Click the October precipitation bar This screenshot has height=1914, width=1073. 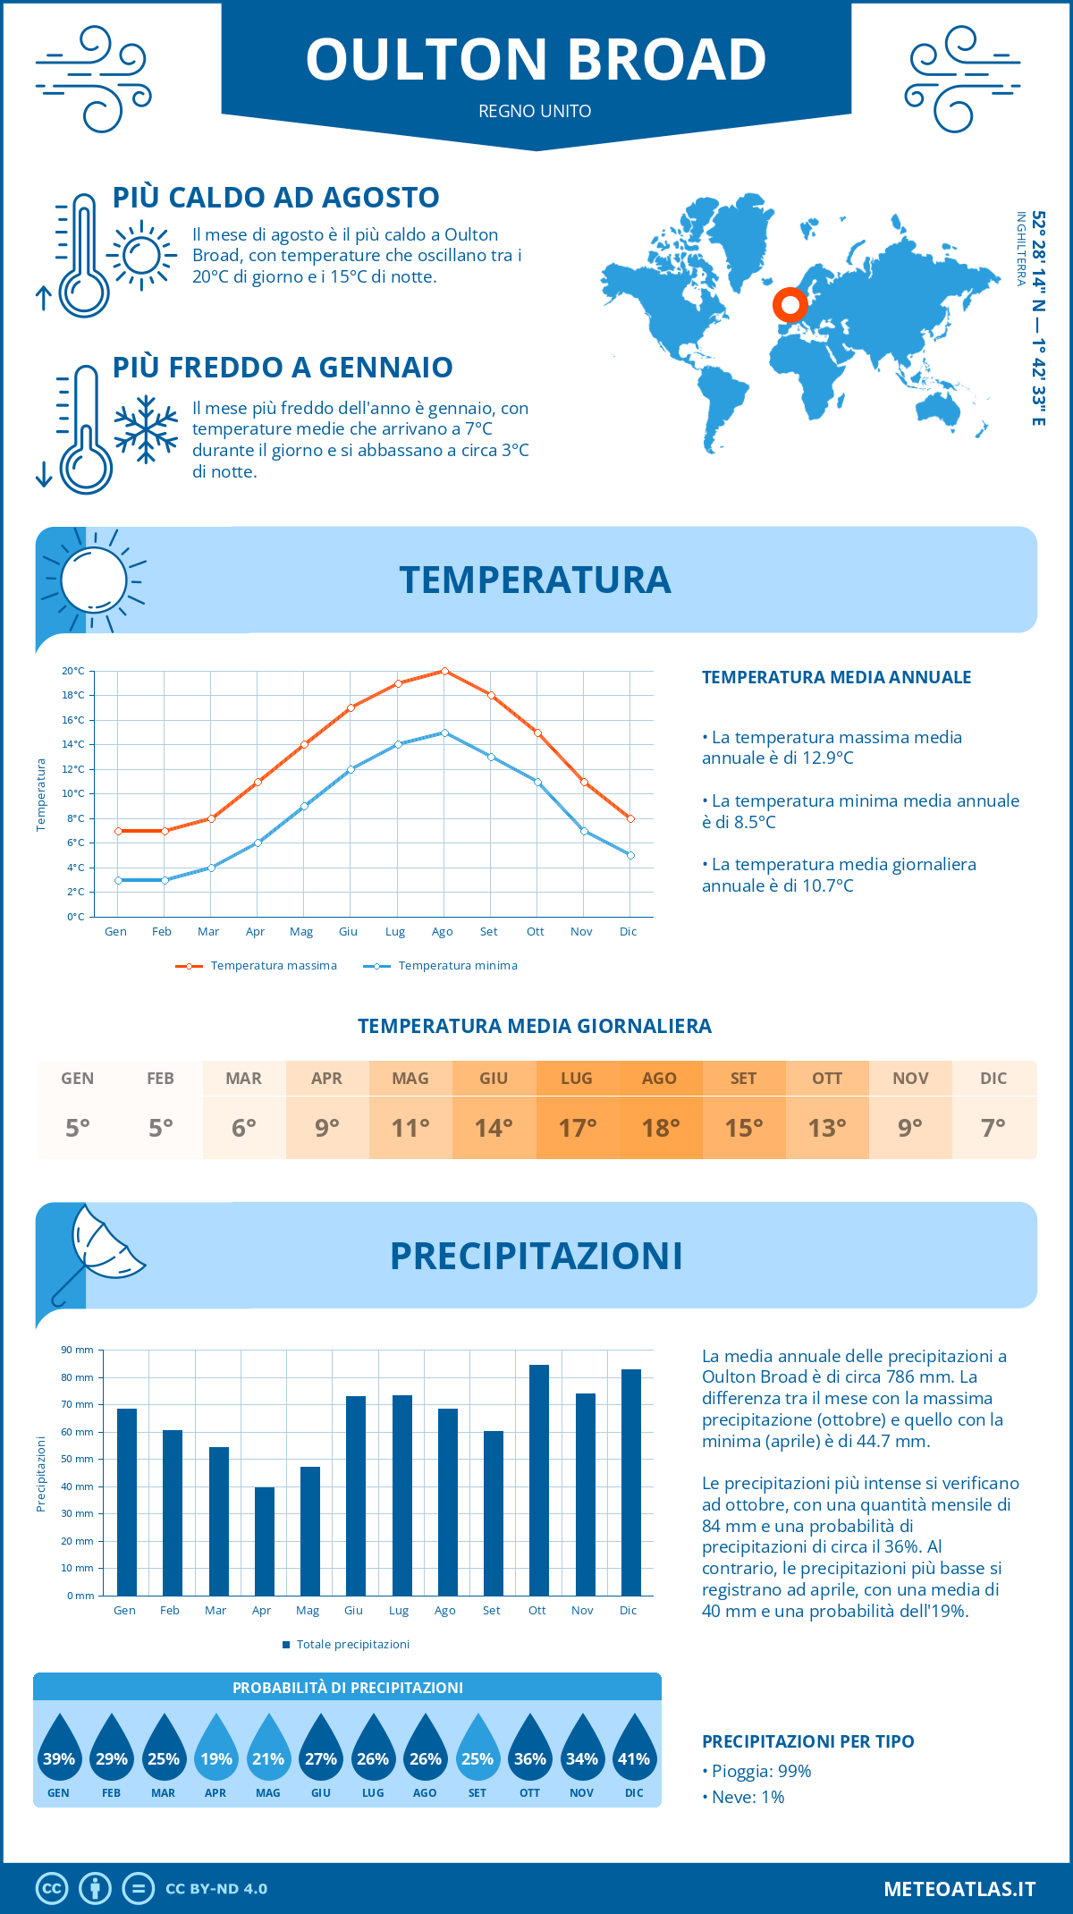tap(538, 1480)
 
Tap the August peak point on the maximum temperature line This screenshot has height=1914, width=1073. tap(444, 671)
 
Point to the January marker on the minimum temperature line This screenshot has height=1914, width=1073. tap(118, 880)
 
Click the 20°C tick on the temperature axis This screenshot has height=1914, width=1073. tap(73, 671)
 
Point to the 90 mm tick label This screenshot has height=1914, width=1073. tap(78, 1350)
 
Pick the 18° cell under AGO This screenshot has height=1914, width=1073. tap(660, 1128)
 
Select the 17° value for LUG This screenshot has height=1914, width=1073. tap(577, 1128)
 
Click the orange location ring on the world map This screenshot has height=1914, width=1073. tap(790, 305)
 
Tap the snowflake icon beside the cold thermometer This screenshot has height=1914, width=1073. tap(146, 429)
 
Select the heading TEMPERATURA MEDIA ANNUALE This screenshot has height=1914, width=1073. tap(836, 677)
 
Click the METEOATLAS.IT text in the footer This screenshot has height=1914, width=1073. tap(959, 1889)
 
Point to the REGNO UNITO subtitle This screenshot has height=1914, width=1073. tap(535, 111)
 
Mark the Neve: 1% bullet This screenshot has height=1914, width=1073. tap(744, 1797)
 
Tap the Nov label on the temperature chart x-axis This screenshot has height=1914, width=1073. tap(581, 931)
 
